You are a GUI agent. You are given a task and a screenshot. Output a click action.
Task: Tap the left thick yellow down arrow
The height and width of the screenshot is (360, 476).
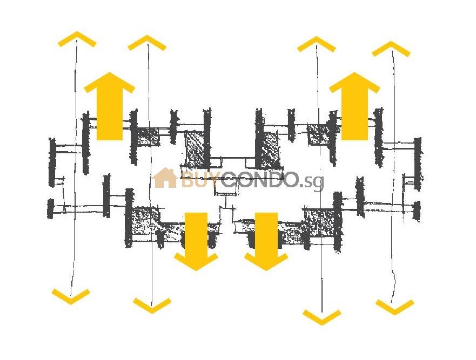pyautogui.click(x=196, y=241)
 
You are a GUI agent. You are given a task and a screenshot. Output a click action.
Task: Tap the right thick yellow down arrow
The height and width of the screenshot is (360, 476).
pyautogui.click(x=266, y=241)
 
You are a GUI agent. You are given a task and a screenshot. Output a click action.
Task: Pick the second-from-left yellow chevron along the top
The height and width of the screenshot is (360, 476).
pyautogui.click(x=147, y=43)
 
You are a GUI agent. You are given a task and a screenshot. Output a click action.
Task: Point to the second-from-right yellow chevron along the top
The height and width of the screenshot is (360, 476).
pyautogui.click(x=317, y=44)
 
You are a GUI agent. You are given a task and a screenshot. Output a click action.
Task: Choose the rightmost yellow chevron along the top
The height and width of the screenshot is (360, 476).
pyautogui.click(x=391, y=49)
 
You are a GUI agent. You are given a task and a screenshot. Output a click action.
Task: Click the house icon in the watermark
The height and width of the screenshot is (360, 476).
pyautogui.click(x=165, y=178)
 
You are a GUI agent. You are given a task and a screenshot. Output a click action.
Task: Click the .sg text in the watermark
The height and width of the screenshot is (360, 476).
pyautogui.click(x=312, y=181)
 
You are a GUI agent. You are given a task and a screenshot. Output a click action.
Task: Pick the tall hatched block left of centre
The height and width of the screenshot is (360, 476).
pyautogui.click(x=195, y=150)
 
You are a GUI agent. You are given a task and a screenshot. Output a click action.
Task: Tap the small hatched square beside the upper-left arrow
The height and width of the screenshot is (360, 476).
pyautogui.click(x=148, y=137)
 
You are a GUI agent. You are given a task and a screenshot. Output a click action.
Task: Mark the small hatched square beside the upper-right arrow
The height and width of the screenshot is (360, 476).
pyautogui.click(x=318, y=134)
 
